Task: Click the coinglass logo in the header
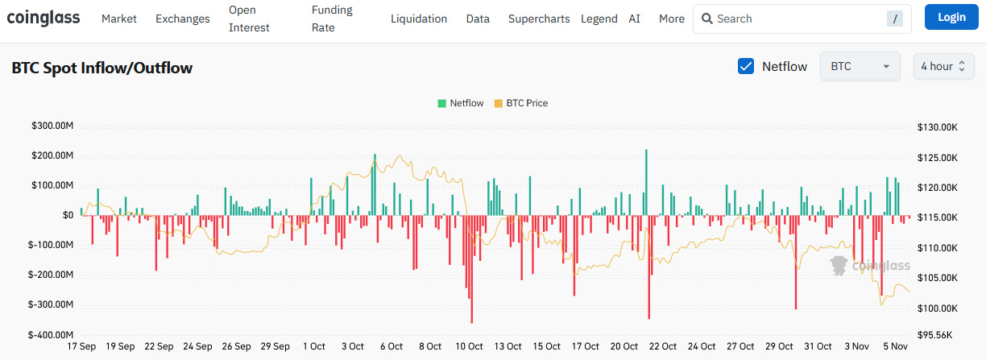coord(43,18)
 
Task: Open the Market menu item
coord(119,19)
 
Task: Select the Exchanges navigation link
coord(182,19)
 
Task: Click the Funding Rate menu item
coord(332,19)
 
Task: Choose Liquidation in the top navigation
coord(419,19)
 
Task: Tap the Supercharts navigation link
coord(539,19)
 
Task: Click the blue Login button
coord(951,17)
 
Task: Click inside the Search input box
coord(797,19)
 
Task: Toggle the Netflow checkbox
coord(746,66)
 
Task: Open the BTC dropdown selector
coord(860,66)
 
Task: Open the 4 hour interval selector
coord(943,66)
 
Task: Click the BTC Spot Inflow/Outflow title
coord(102,68)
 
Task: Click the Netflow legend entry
coord(461,103)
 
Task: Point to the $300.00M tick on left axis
coord(52,126)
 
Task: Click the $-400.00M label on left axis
coord(51,334)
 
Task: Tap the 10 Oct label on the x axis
coord(470,346)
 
